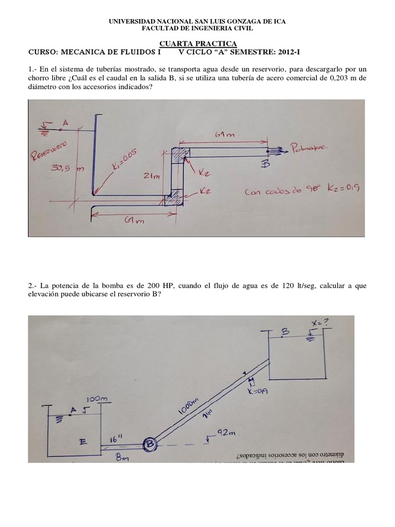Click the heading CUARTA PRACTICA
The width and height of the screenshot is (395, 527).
pos(197,44)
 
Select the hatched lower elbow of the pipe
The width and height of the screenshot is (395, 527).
pos(175,197)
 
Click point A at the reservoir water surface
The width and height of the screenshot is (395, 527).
pos(65,122)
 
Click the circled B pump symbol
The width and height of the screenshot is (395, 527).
pos(150,444)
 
